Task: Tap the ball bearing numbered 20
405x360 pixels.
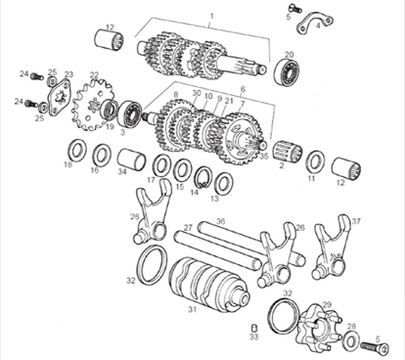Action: point(288,73)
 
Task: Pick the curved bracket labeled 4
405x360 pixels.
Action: point(315,22)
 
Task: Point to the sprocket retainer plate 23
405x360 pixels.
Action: point(59,97)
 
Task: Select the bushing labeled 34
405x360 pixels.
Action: point(131,158)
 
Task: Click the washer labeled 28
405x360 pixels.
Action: point(351,340)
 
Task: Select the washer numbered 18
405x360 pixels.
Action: point(77,150)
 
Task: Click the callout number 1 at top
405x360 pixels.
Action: point(212,16)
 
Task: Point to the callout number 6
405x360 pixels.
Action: point(243,89)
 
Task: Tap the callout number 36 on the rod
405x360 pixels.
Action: point(221,221)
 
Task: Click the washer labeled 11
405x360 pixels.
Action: point(315,161)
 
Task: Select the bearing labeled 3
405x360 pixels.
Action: point(129,113)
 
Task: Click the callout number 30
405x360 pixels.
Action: point(196,93)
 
